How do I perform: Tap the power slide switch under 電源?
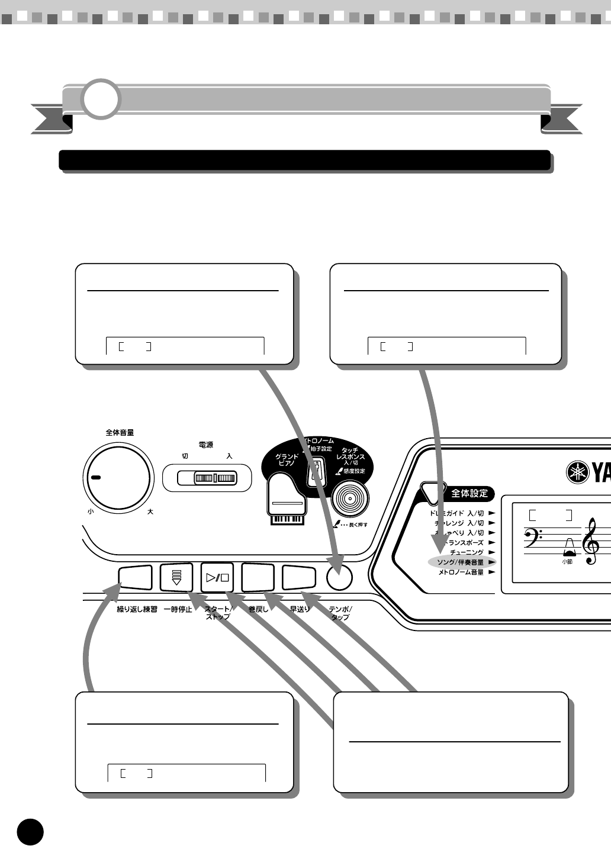click(199, 478)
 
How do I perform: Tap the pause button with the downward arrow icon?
click(176, 577)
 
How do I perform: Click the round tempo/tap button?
click(339, 578)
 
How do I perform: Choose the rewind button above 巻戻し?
click(259, 577)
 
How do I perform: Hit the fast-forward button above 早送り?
click(300, 577)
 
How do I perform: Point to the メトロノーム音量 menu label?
click(461, 572)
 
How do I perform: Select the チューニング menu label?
click(467, 552)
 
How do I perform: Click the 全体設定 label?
click(469, 493)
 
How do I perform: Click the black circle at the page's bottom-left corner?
click(30, 832)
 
